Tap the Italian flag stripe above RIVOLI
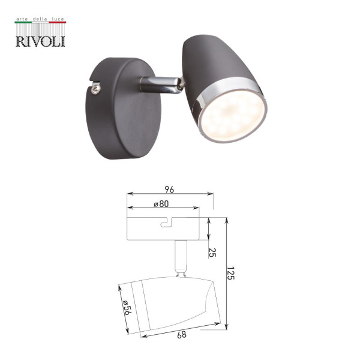pos(40,23)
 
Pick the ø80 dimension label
pos(160,204)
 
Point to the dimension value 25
pos(212,251)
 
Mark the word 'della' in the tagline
pos(39,20)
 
